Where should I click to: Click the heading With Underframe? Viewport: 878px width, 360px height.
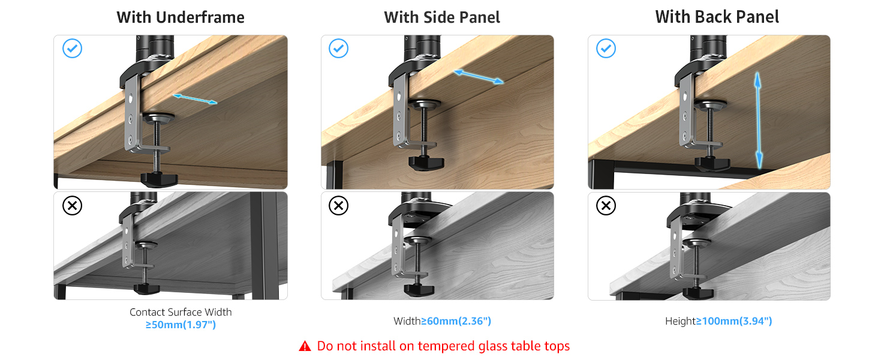coord(181,17)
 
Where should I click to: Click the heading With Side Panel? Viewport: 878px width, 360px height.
coord(442,17)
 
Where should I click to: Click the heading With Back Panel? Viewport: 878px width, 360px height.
coord(717,17)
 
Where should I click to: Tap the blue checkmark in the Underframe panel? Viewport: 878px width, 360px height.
coord(72,48)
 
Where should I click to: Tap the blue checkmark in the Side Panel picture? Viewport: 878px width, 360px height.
coord(338,48)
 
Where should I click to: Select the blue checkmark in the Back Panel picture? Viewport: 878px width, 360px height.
coord(606,48)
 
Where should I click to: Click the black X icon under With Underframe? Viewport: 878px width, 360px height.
coord(72,205)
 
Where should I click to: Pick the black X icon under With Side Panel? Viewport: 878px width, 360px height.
coord(338,205)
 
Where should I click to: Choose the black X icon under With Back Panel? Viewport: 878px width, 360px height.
coord(606,205)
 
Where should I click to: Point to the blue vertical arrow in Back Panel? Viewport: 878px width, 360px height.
coord(758,121)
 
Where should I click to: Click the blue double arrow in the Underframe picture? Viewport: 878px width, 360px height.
coord(195,99)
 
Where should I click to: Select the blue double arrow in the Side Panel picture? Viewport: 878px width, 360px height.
coord(479,77)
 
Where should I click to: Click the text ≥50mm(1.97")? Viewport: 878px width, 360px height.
coord(181,325)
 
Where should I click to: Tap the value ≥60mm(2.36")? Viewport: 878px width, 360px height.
coord(456,321)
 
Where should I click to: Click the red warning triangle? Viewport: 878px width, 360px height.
coord(305,346)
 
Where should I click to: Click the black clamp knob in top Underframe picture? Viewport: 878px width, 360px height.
coord(159,179)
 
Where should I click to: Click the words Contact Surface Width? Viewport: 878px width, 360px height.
coord(181,312)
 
